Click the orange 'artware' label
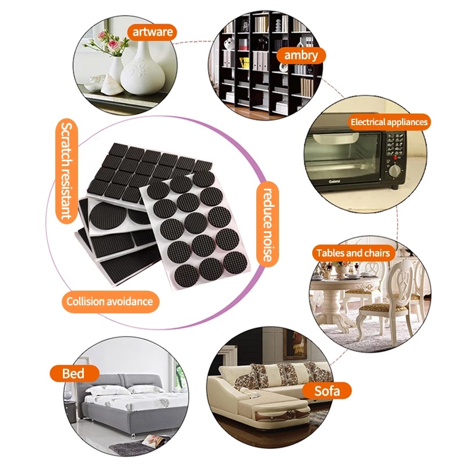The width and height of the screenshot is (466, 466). pyautogui.click(x=152, y=32)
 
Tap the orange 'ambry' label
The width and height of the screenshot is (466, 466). pyautogui.click(x=301, y=55)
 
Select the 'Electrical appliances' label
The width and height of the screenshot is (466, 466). pyautogui.click(x=389, y=122)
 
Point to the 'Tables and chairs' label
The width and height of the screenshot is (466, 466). pyautogui.click(x=353, y=253)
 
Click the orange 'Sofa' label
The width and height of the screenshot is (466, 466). pyautogui.click(x=327, y=391)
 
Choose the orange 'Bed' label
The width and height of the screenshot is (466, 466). pyautogui.click(x=74, y=373)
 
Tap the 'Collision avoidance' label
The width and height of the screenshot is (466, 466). pyautogui.click(x=110, y=302)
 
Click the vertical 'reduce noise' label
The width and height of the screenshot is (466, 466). pyautogui.click(x=267, y=224)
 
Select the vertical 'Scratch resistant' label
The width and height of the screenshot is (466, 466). pyautogui.click(x=66, y=171)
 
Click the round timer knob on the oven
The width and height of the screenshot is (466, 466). pyautogui.click(x=395, y=171)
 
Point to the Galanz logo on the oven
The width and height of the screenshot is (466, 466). pyautogui.click(x=334, y=181)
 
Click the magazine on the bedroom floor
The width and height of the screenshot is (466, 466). pyautogui.click(x=154, y=440)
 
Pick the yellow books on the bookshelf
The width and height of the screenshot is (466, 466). pyautogui.click(x=245, y=63)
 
